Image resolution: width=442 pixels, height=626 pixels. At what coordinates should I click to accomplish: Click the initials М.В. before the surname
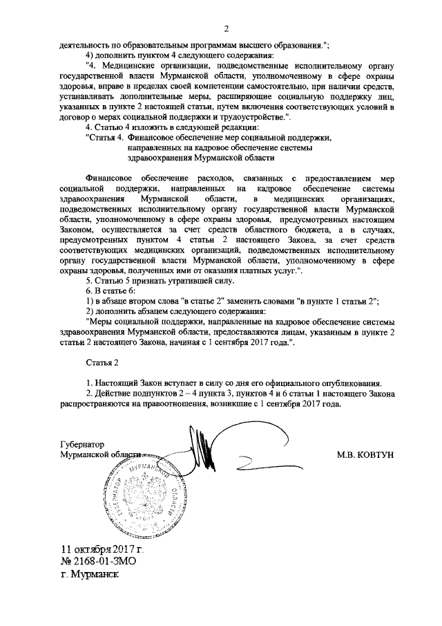346,455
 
